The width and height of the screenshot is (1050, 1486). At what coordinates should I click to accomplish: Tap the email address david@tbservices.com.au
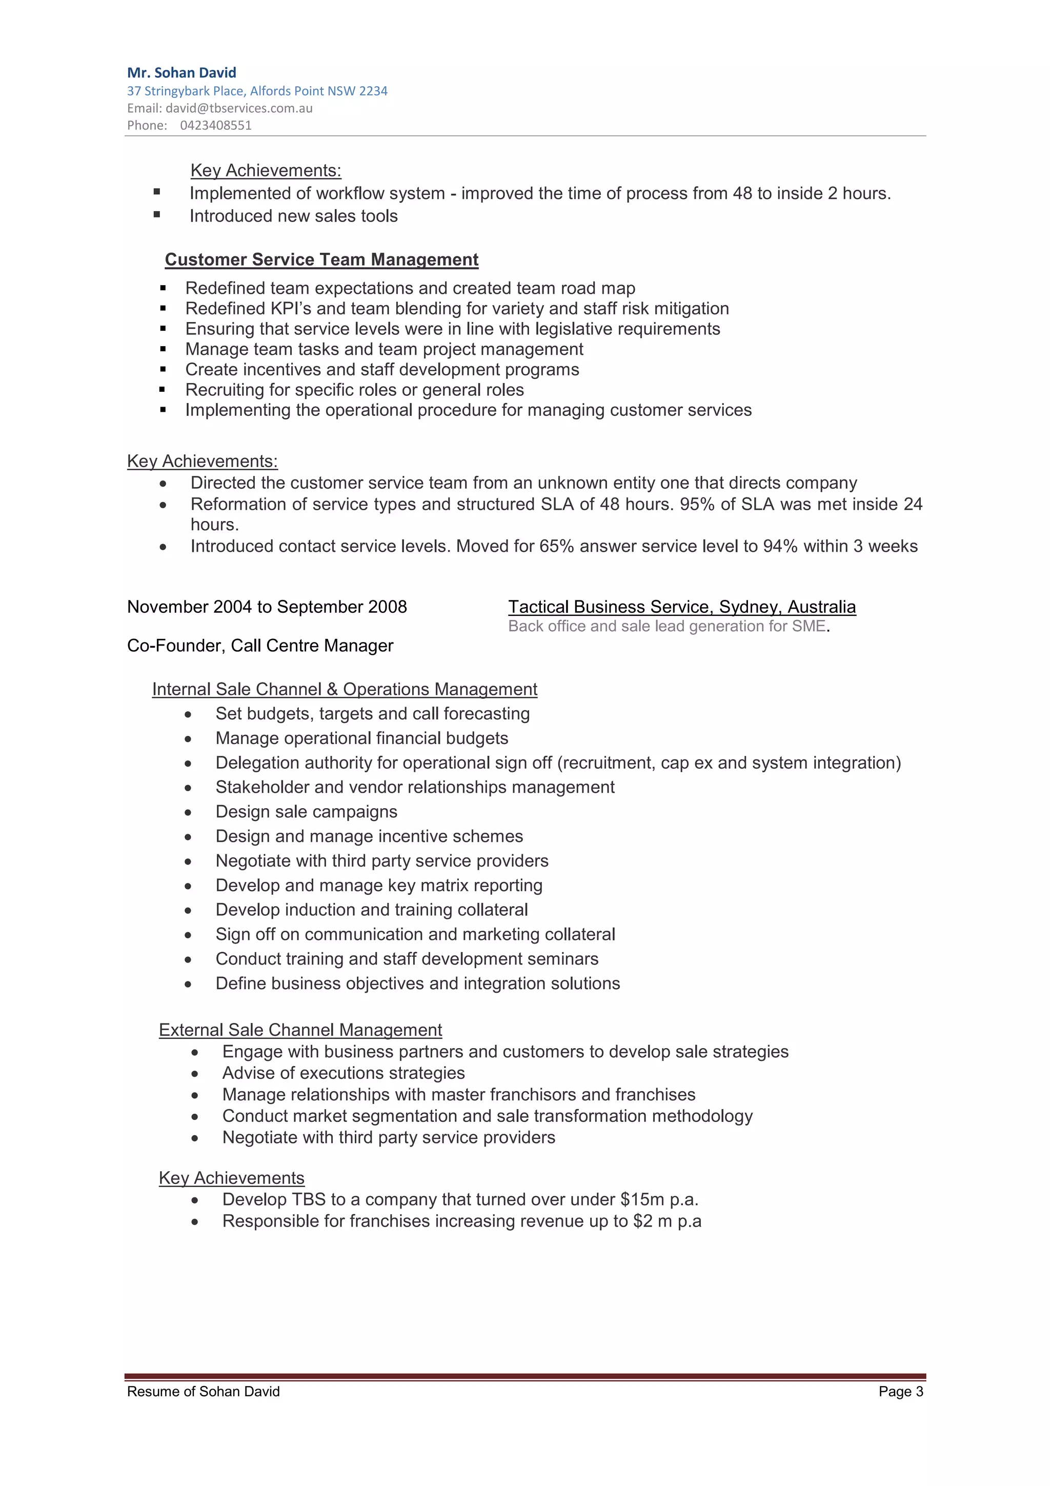pyautogui.click(x=239, y=108)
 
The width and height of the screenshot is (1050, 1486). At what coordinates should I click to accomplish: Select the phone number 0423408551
pyautogui.click(x=215, y=126)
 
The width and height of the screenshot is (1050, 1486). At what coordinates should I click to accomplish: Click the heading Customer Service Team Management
pyautogui.click(x=321, y=259)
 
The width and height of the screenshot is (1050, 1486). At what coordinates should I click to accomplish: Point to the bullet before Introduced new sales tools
pyautogui.click(x=156, y=215)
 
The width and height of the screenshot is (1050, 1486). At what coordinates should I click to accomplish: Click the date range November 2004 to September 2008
pyautogui.click(x=267, y=607)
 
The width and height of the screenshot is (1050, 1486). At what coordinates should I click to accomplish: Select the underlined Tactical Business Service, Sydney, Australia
pyautogui.click(x=682, y=607)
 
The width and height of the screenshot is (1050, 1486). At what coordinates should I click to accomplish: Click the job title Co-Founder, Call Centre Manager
pyautogui.click(x=260, y=646)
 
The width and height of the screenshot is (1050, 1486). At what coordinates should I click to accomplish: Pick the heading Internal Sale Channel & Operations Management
pyautogui.click(x=344, y=689)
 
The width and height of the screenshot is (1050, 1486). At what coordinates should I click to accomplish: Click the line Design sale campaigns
pyautogui.click(x=306, y=812)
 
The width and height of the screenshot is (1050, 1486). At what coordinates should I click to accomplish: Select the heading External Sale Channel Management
pyautogui.click(x=300, y=1030)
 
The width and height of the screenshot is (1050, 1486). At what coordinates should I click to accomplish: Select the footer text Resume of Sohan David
pyautogui.click(x=203, y=1392)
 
